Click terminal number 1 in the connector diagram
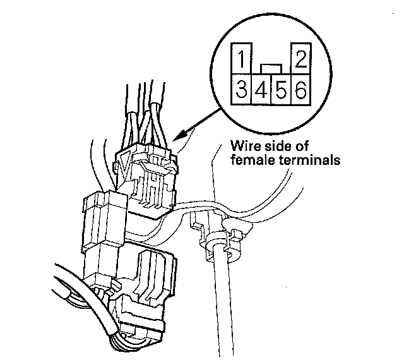[x=240, y=61]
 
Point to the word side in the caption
[x=282, y=145]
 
